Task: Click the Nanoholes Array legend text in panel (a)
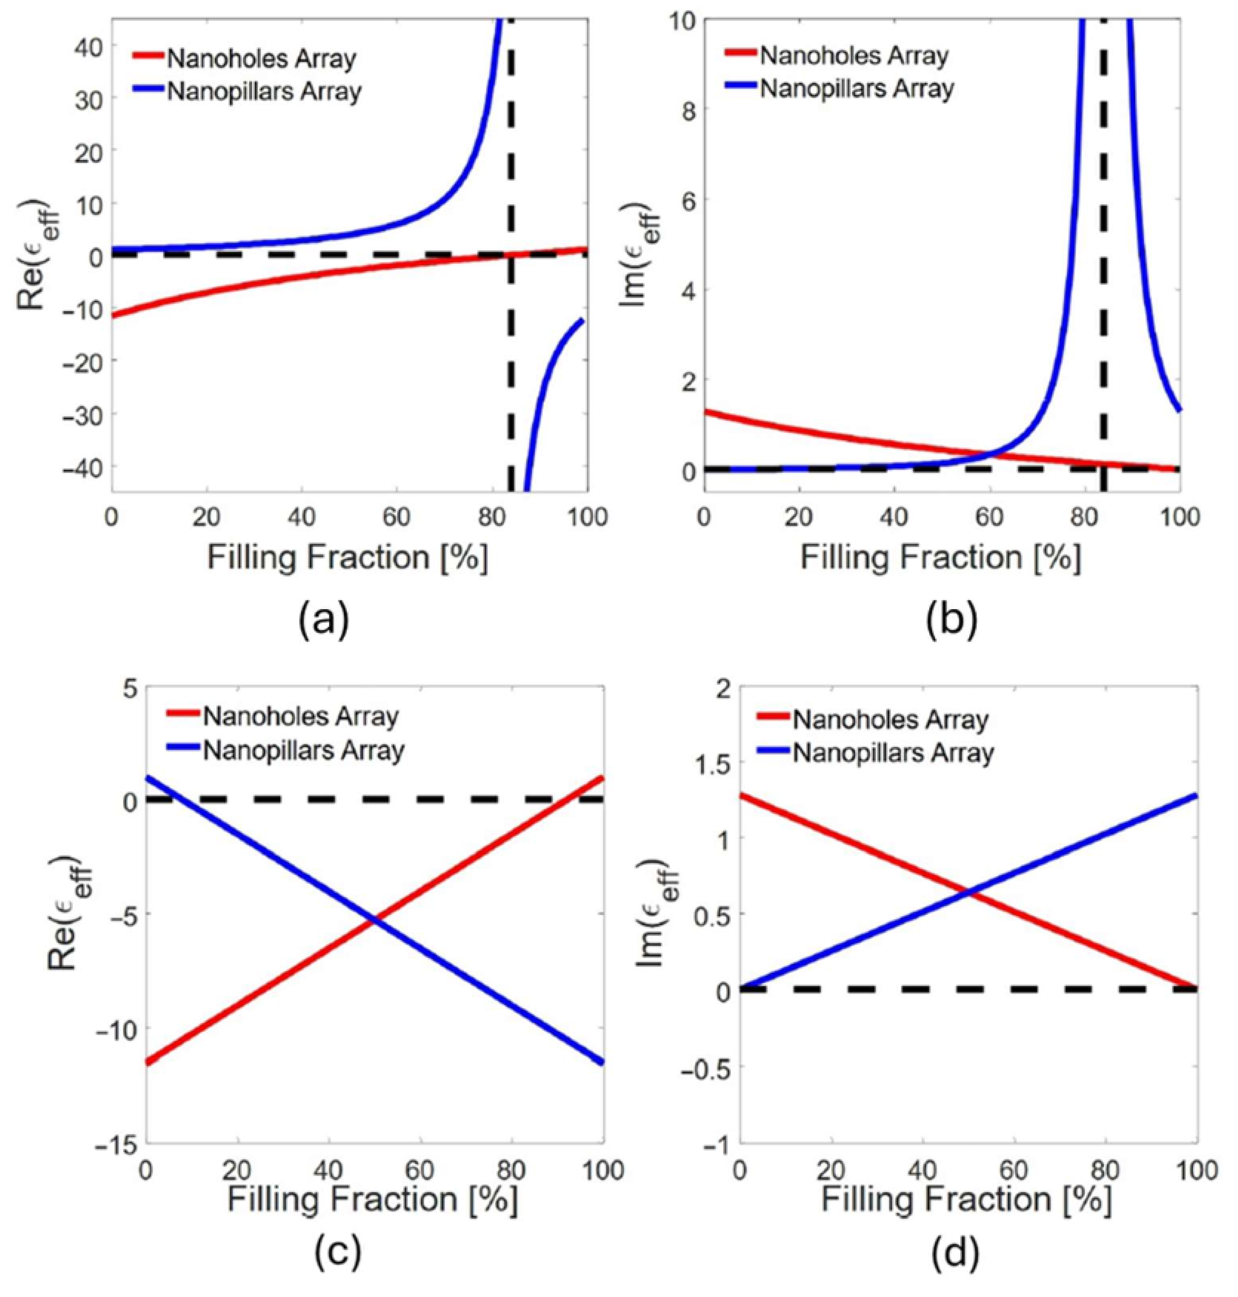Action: point(261,59)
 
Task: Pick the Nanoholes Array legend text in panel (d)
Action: point(890,720)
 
